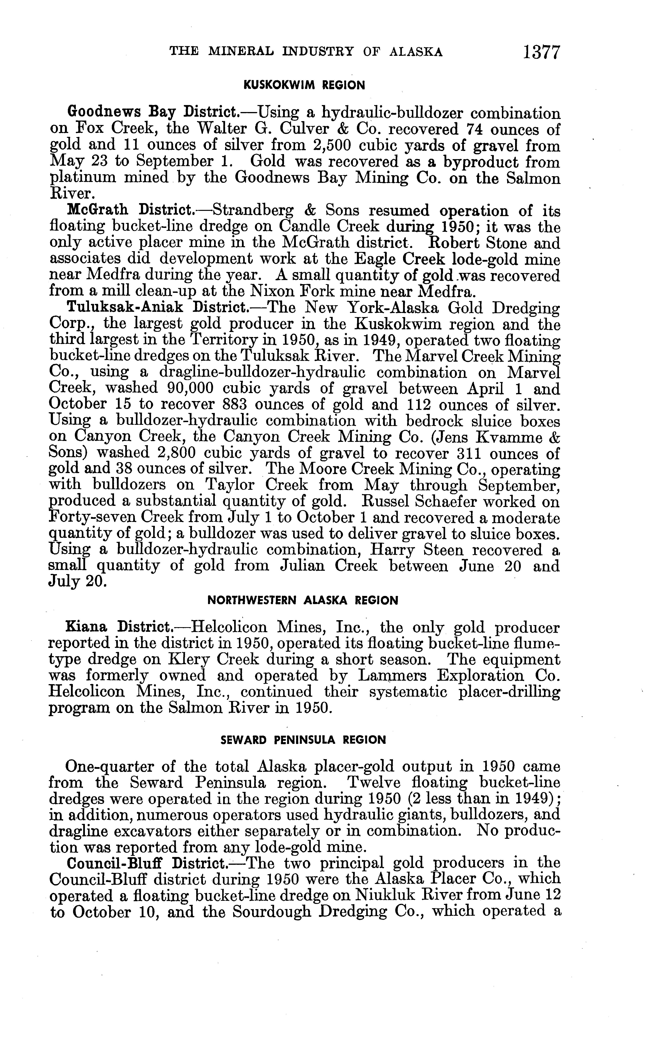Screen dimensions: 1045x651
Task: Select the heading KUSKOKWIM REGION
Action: point(304,85)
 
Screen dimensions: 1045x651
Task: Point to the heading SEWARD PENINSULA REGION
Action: point(303,740)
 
